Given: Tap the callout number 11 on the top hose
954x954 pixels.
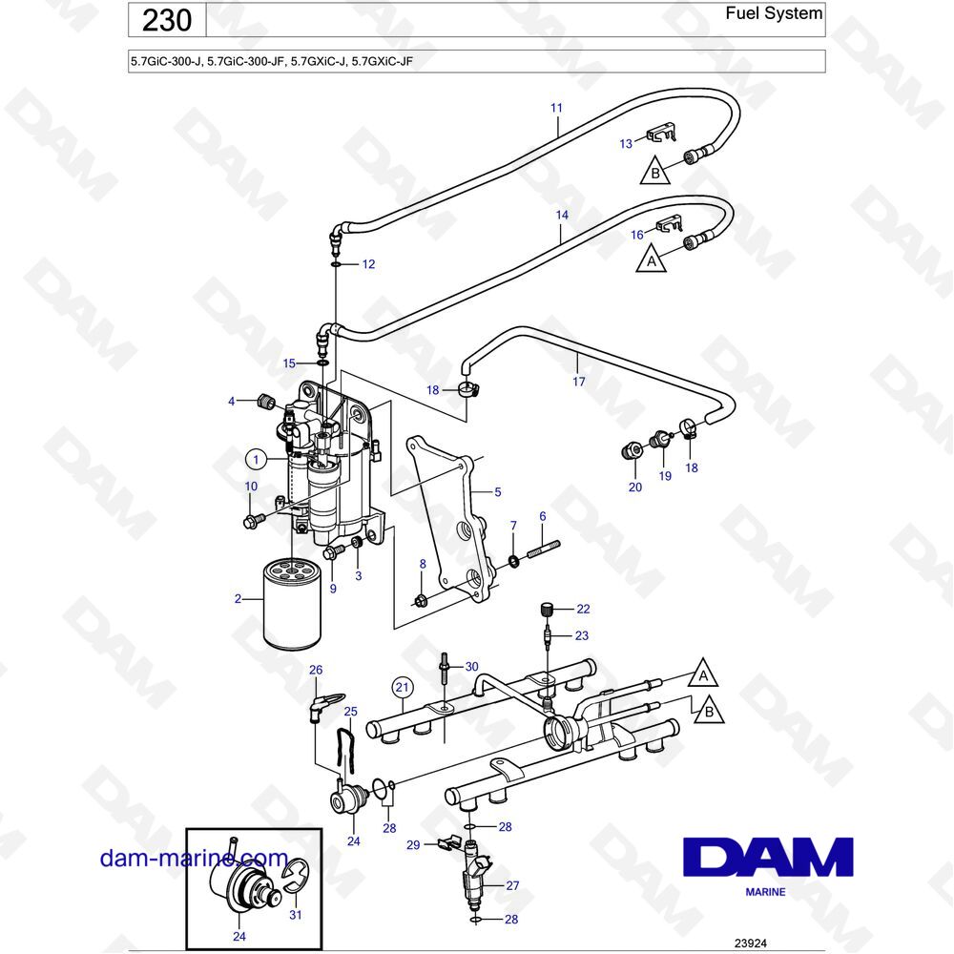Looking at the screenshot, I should point(556,108).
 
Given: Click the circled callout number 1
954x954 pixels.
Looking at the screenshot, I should point(256,460).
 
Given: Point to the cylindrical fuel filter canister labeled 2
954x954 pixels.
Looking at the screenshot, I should point(292,605).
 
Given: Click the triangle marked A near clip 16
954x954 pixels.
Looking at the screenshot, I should point(652,259).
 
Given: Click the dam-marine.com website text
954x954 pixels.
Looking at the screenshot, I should point(194,858).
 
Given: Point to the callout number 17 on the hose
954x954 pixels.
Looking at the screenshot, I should point(578,381).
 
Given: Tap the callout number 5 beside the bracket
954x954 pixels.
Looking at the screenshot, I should point(497,492).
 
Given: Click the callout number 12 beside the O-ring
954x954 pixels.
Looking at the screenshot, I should point(368,264).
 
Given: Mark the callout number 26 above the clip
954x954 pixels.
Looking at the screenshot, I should point(316,670).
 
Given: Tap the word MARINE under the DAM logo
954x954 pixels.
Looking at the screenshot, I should point(765,892).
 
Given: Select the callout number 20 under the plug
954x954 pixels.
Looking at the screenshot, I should point(634,486).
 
